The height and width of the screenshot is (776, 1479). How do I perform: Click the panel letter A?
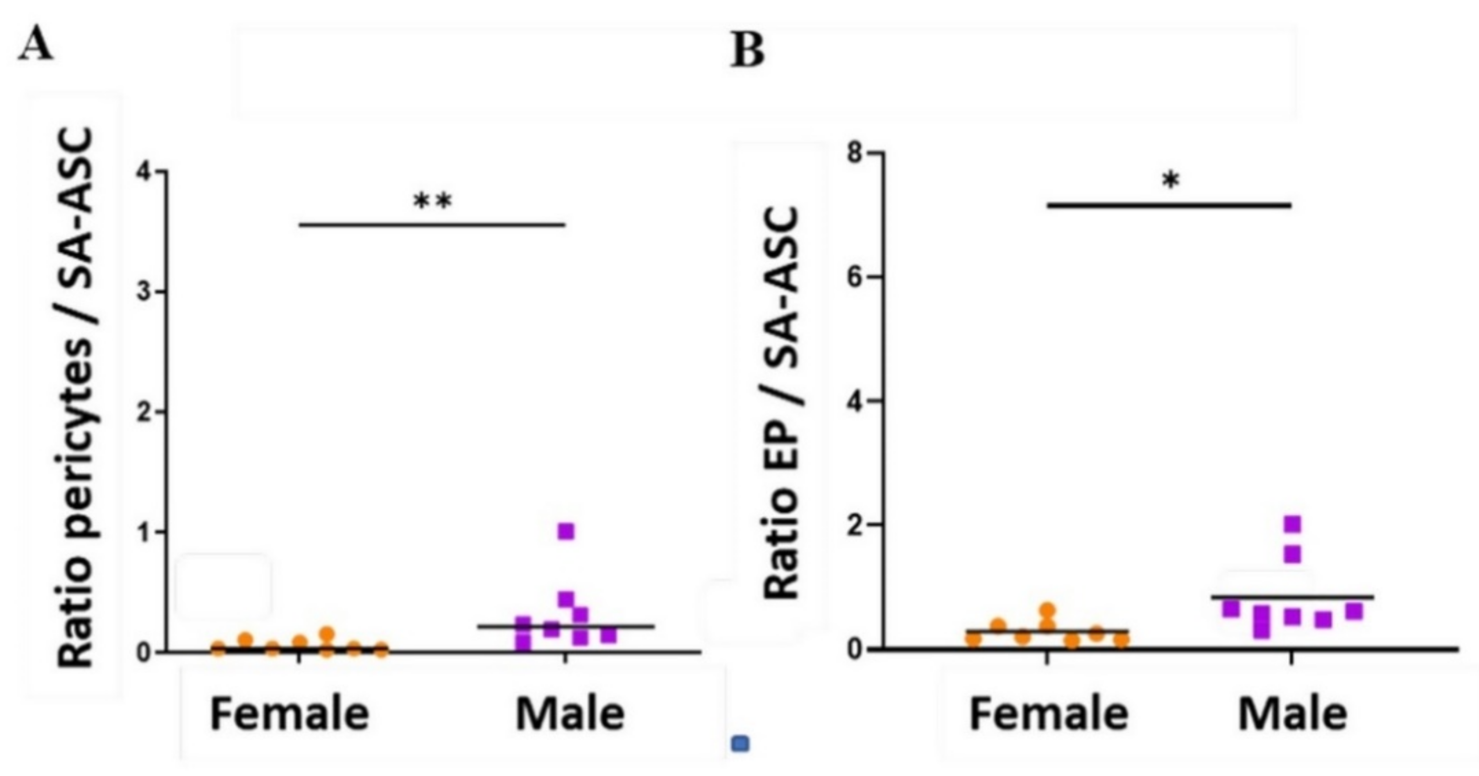click(x=36, y=46)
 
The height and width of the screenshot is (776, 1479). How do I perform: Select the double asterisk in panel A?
click(x=433, y=202)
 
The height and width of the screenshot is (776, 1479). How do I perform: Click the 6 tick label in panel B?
click(x=857, y=277)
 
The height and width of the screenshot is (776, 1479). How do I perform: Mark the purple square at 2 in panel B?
click(x=1292, y=524)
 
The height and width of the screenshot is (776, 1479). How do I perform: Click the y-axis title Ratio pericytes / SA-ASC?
click(x=76, y=399)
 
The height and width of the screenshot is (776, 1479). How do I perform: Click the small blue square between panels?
click(x=741, y=744)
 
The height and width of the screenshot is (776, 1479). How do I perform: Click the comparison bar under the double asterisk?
click(x=433, y=224)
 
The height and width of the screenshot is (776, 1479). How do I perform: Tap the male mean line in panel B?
click(x=1292, y=597)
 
